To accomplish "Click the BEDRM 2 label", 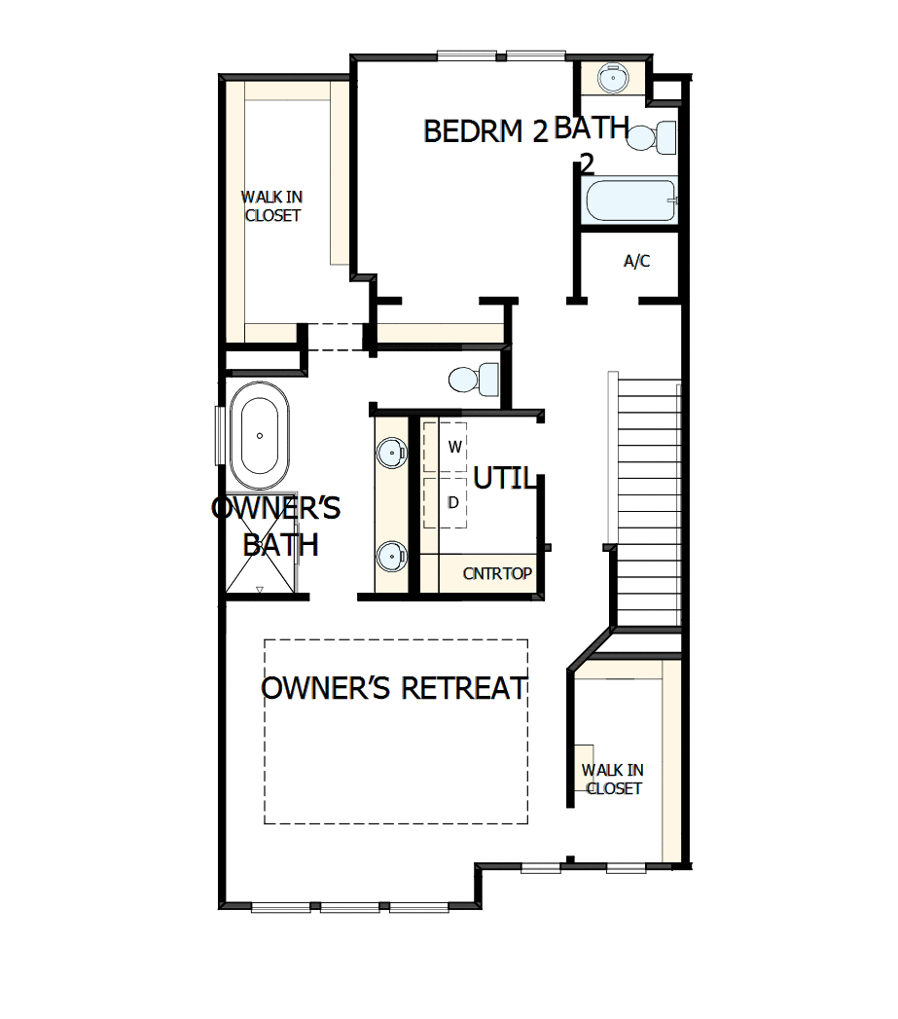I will (x=486, y=131).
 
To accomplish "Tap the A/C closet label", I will (x=636, y=261).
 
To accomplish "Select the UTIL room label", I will (x=504, y=478).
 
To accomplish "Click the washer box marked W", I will (x=452, y=447).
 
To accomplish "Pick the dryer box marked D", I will (x=452, y=503).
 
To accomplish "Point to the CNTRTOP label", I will (x=497, y=573).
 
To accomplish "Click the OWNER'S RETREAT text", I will (x=395, y=688).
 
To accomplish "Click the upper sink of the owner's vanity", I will (x=391, y=451).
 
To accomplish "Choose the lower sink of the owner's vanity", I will (x=391, y=556).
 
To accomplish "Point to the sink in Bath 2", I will (x=612, y=77).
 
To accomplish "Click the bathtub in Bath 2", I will (x=630, y=201).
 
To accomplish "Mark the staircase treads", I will (x=648, y=501).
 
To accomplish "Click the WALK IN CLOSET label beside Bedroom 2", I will (x=271, y=206).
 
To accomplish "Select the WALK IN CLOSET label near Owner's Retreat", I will (x=613, y=779).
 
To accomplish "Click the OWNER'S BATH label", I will (x=277, y=526).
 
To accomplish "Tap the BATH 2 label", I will (x=591, y=143).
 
